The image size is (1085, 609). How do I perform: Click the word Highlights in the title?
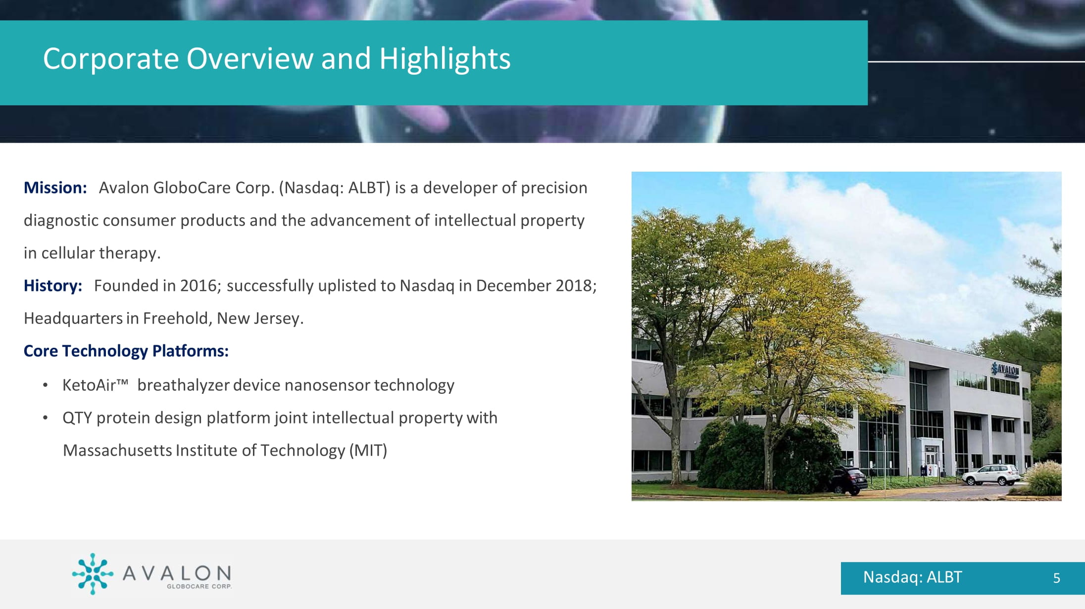(x=444, y=59)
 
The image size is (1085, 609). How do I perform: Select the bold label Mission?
(x=55, y=188)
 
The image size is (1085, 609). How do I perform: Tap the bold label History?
(x=53, y=286)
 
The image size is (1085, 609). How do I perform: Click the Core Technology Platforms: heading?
(x=126, y=351)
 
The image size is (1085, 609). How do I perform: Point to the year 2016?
(x=198, y=286)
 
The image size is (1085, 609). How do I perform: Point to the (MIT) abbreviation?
(x=368, y=451)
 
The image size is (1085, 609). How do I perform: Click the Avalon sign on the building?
(x=1005, y=370)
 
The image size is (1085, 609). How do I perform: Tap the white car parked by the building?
(x=991, y=475)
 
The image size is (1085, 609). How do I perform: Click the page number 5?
(x=1056, y=578)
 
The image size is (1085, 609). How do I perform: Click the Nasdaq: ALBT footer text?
(x=912, y=577)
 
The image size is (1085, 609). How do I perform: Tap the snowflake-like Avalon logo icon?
(x=93, y=574)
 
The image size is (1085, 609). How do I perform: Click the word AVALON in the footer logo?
(x=177, y=573)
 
